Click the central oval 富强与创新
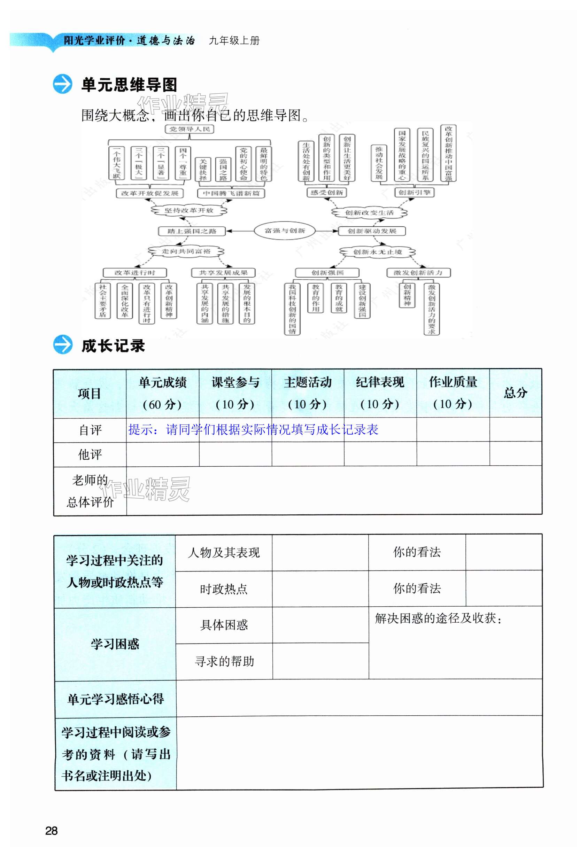(285, 231)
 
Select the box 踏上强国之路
(192, 231)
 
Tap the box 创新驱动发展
(372, 231)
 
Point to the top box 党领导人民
(190, 129)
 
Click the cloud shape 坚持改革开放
(189, 210)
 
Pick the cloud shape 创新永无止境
(377, 252)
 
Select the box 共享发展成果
(223, 273)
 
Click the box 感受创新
(326, 193)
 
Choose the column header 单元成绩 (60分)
(162, 393)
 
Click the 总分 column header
(515, 393)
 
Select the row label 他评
(90, 454)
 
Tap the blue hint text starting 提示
(253, 430)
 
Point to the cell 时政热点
(223, 589)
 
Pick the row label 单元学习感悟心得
(115, 699)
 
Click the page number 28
(51, 831)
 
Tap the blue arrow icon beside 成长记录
(63, 345)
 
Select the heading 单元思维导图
(129, 85)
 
